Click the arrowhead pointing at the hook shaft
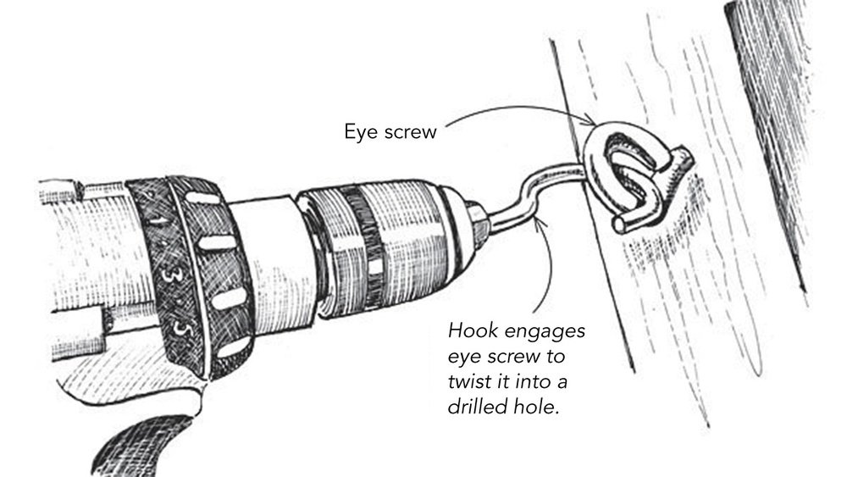(x=543, y=222)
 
